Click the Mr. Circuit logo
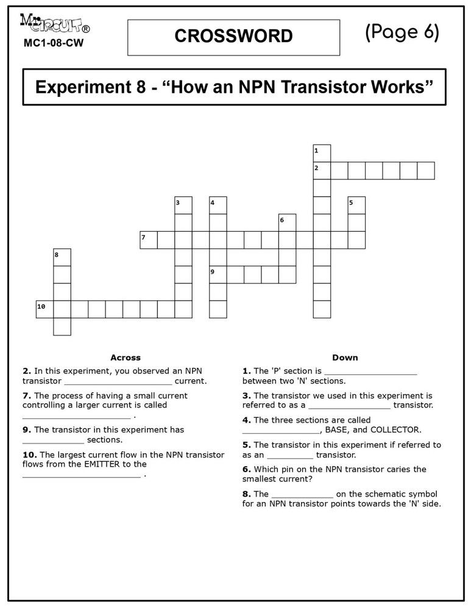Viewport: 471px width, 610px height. click(x=55, y=25)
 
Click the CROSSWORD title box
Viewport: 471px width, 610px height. click(x=233, y=37)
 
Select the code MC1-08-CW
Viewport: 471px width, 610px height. click(x=54, y=43)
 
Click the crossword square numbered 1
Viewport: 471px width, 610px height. click(x=322, y=153)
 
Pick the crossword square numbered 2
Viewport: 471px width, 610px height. click(x=322, y=171)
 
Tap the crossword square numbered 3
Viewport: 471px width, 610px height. click(x=183, y=206)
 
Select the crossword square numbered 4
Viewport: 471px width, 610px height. click(x=218, y=206)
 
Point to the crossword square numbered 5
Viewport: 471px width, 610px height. click(x=356, y=206)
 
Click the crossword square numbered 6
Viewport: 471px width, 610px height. click(x=287, y=223)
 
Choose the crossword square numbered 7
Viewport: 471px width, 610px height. click(x=149, y=240)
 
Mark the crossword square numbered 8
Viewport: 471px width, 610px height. click(x=62, y=257)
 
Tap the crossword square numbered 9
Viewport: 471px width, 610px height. click(x=218, y=274)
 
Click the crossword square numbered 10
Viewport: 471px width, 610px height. click(x=44, y=309)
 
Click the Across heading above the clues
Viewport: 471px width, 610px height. click(x=126, y=357)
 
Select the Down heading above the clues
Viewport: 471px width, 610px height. click(x=345, y=357)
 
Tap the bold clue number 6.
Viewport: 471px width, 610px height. click(x=246, y=469)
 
